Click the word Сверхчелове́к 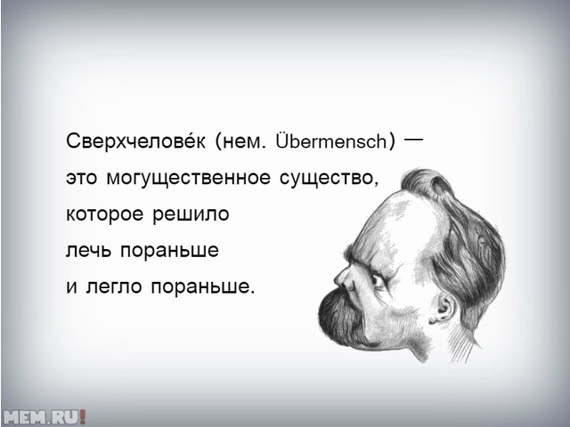point(136,141)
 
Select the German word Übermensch point(332,141)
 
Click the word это point(81,179)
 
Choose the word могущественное point(189,179)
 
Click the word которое point(104,215)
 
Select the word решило point(191,215)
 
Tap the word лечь point(88,251)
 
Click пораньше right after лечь point(169,251)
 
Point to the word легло point(114,287)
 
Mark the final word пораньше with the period point(201,287)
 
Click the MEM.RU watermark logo point(44,416)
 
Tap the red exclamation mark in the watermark point(83,416)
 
